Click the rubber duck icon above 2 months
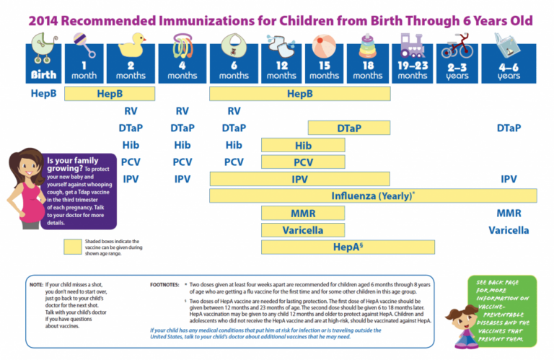coord(131,45)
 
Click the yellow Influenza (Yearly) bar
coord(373,196)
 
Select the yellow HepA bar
coord(348,247)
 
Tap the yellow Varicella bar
coord(302,230)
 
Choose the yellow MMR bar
coord(302,214)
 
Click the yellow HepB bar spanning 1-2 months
coord(114,94)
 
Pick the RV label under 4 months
coord(183,111)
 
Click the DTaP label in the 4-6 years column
coord(508,128)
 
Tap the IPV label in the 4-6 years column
coord(508,178)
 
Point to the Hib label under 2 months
coord(131,145)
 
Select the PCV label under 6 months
coord(234,162)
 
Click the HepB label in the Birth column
coord(43,94)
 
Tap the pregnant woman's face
coord(27,167)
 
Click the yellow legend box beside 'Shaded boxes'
coord(84,247)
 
